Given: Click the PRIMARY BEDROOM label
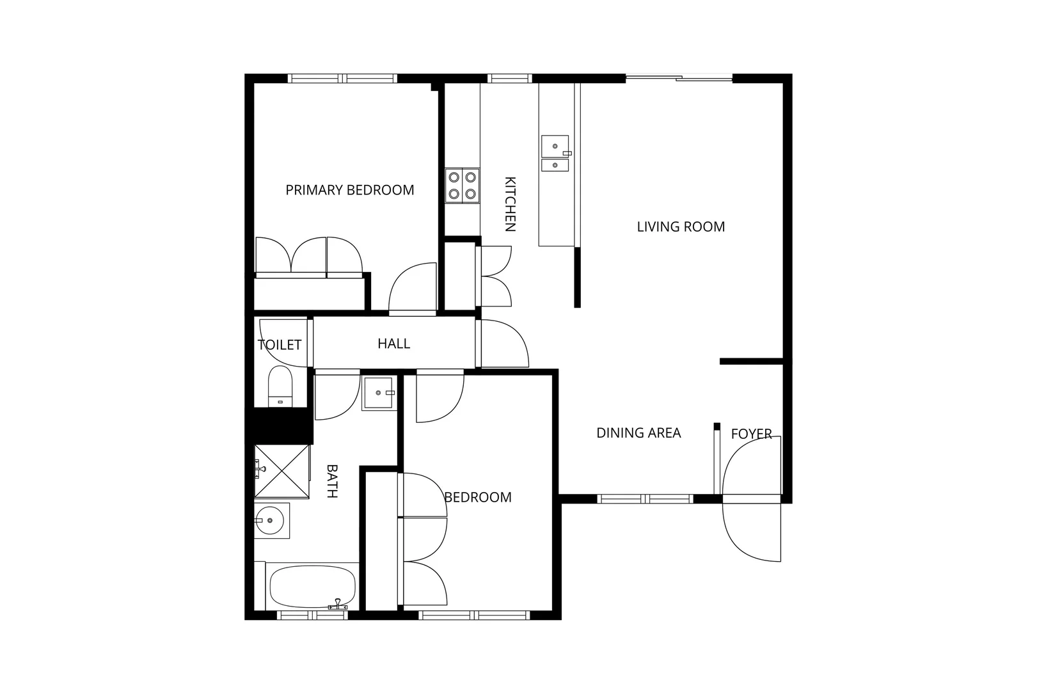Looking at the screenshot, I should tap(349, 190).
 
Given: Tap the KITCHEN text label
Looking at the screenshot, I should tap(510, 203).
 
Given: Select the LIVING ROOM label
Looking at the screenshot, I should tap(681, 226).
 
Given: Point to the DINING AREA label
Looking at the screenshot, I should tap(638, 433).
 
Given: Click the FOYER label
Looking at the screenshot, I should tap(751, 434).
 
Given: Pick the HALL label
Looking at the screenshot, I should tap(393, 344).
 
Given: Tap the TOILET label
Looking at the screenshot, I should tap(279, 345).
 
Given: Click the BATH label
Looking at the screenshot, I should tap(332, 481).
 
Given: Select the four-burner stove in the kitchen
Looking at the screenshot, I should tap(462, 186).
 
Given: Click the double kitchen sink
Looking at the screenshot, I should tap(555, 154).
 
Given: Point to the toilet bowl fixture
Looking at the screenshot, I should tap(280, 385).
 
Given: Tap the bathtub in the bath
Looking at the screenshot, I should tap(312, 587).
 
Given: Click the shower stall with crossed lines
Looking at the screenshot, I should tap(281, 471).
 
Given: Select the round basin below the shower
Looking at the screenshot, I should tap(271, 520).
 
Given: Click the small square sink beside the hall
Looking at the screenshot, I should tap(378, 393).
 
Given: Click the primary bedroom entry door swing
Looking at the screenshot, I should tap(413, 288).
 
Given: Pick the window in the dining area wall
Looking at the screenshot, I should tap(645, 499).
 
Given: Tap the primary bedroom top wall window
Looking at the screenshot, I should tap(342, 79).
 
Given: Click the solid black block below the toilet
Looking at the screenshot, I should tap(280, 425).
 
